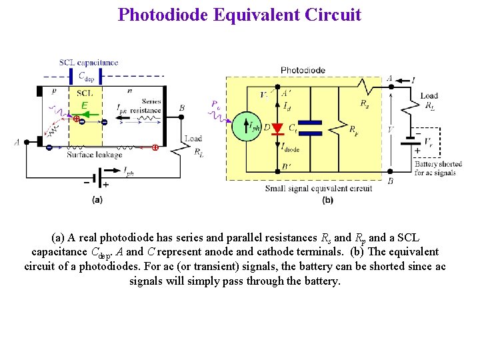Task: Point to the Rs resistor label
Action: point(364,103)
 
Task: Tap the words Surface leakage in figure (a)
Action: point(94,155)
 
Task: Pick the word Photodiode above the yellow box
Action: point(303,70)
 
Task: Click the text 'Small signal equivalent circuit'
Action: point(318,189)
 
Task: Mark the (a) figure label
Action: point(97,198)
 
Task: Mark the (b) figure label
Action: point(327,199)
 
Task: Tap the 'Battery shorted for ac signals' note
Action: point(437,168)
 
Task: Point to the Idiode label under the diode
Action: point(289,149)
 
